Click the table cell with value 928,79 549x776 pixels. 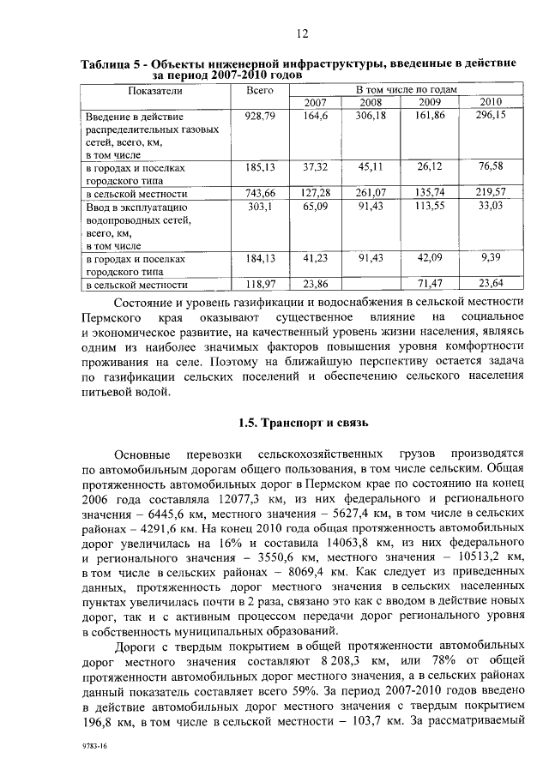click(258, 115)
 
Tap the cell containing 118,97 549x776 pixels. click(258, 284)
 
